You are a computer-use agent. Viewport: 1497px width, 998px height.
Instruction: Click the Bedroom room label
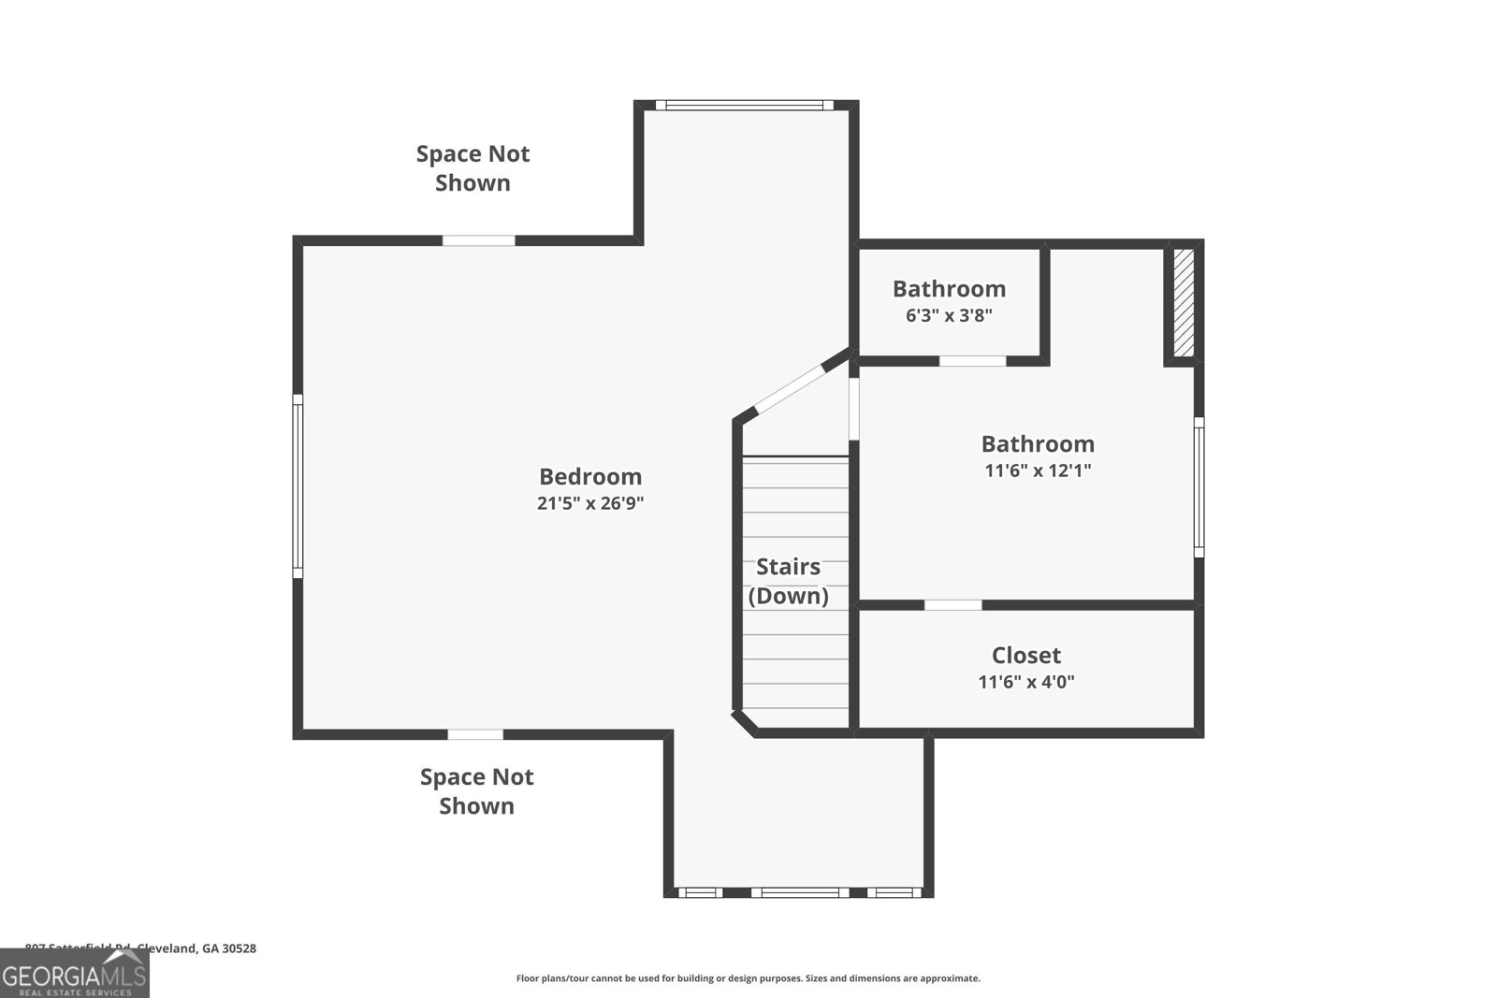click(590, 476)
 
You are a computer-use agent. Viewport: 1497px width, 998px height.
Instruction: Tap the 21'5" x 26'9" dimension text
click(590, 503)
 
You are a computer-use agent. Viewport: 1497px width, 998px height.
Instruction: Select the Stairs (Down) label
click(788, 581)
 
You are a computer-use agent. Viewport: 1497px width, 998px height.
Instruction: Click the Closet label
click(1026, 655)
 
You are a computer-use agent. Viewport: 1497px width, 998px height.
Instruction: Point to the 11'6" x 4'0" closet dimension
click(1026, 682)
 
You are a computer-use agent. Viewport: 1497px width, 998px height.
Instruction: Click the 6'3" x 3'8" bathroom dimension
click(949, 315)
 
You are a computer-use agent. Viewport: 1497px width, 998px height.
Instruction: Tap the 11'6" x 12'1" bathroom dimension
click(1038, 470)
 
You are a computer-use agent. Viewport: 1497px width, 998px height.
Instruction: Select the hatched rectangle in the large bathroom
click(1184, 302)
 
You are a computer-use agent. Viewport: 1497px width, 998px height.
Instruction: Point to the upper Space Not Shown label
click(472, 167)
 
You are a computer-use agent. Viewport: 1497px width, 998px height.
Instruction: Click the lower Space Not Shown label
click(476, 791)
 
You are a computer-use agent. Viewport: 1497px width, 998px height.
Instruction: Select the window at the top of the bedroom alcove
click(744, 105)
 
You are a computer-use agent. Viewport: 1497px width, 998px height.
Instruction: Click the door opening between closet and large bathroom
click(952, 605)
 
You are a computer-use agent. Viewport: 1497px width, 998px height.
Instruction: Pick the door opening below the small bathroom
click(972, 361)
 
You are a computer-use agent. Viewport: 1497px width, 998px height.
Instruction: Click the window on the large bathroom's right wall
click(1199, 486)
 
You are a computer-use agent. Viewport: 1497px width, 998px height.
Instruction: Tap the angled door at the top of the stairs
click(791, 387)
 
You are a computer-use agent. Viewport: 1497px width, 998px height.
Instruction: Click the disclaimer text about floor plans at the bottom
click(748, 978)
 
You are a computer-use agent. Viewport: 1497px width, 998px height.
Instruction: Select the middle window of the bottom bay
click(799, 892)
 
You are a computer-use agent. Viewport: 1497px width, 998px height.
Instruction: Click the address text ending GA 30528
click(140, 948)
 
